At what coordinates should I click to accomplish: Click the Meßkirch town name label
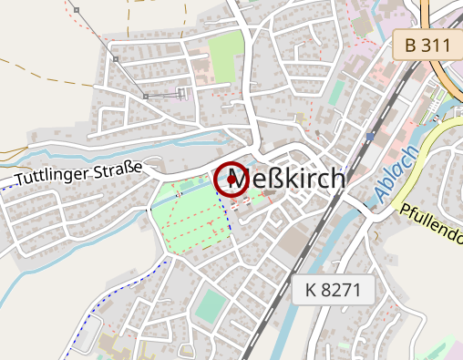[x=294, y=180]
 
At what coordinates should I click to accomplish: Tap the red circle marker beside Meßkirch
[x=231, y=180]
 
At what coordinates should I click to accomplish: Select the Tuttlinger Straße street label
[x=79, y=170]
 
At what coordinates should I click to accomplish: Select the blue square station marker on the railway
[x=370, y=137]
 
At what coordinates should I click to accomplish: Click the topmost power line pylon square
[x=77, y=10]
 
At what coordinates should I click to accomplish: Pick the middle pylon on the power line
[x=116, y=58]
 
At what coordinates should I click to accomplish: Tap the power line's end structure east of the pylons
[x=182, y=92]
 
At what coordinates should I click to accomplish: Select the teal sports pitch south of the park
[x=209, y=306]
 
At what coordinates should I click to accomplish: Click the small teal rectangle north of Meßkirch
[x=336, y=91]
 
